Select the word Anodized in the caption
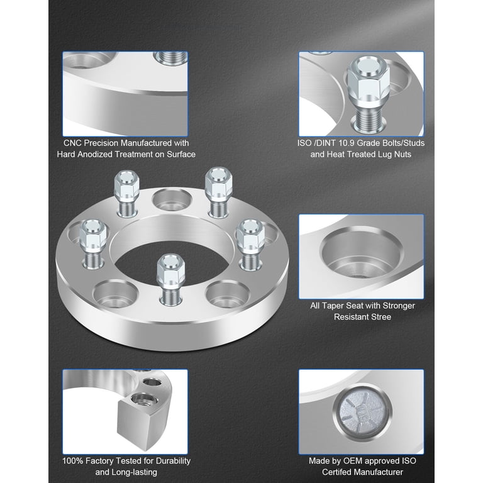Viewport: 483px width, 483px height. coord(93,154)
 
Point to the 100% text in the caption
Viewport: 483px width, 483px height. coord(73,461)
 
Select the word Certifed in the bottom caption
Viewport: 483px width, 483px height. coord(336,472)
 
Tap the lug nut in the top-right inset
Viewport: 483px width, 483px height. coord(368,92)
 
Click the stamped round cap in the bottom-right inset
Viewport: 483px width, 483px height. coord(362,413)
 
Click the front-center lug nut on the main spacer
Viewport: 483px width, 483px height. coord(170,278)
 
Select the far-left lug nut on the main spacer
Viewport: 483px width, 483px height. coord(93,243)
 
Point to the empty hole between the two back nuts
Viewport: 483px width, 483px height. coord(172,200)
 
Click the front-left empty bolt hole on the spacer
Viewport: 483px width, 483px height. coord(115,294)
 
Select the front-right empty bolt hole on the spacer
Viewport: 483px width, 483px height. coord(228,295)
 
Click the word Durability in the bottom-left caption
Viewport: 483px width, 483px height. coord(173,461)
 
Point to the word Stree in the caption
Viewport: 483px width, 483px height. coord(381,317)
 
